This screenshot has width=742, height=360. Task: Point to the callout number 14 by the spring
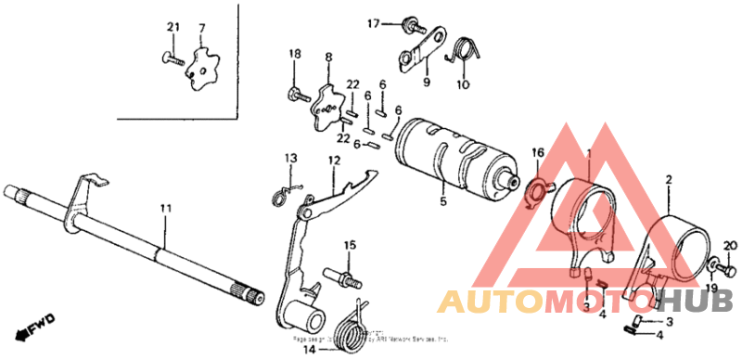tap(309, 352)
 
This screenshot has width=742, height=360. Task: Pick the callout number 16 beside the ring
tap(538, 153)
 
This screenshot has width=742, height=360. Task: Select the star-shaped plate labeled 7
tap(201, 70)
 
